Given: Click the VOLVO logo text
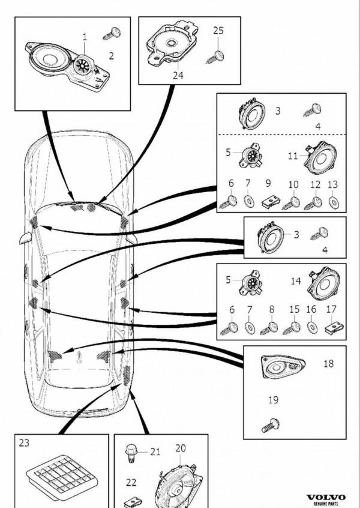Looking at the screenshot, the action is tap(326, 497).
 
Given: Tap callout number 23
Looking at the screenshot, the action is tap(24, 443).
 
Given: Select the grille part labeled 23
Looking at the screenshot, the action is tap(62, 476).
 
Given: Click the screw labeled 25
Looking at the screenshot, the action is tap(215, 57).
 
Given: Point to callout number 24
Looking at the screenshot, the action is tap(178, 76).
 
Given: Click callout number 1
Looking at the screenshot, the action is tap(85, 37).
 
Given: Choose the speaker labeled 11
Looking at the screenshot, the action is tap(320, 157).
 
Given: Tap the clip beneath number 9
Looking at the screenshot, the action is tap(270, 203).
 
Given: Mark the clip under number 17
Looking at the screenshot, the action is tap(334, 328).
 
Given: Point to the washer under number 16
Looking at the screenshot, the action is tap(312, 327).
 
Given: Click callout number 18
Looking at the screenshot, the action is tap(328, 363).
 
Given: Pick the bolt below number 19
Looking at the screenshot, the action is tap(271, 425).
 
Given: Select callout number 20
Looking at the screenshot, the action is tap(181, 449).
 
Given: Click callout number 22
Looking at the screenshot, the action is tap(131, 482).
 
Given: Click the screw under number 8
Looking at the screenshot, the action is tap(269, 328).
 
